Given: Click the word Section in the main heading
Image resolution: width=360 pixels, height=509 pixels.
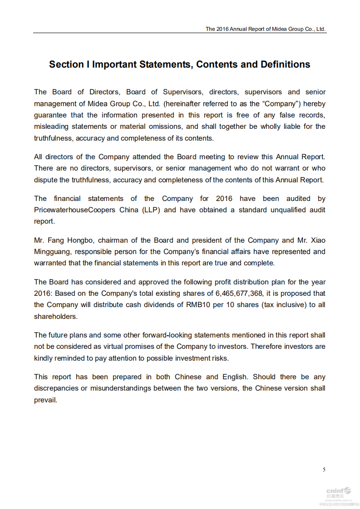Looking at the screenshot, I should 66,64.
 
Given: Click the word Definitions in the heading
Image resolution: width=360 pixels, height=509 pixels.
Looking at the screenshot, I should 285,64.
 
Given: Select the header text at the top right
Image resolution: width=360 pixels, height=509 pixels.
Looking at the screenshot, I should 266,29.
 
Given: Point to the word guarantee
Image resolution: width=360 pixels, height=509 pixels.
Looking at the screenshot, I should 50,115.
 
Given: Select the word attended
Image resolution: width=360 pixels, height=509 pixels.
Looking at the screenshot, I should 147,157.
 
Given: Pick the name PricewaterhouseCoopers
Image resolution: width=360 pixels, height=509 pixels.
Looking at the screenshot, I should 74,210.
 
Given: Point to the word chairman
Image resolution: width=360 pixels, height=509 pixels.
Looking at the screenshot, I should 116,240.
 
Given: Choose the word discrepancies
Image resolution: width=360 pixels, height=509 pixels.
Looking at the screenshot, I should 60,388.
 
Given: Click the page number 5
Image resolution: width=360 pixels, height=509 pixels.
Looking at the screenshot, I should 324,470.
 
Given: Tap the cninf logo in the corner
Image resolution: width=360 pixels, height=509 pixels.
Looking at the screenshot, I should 338,491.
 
